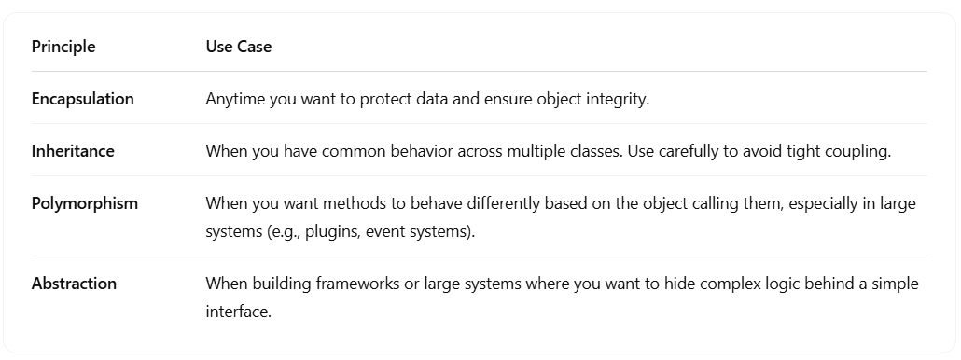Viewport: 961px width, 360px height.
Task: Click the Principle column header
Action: (x=63, y=47)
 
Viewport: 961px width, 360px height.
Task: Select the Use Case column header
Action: (x=239, y=47)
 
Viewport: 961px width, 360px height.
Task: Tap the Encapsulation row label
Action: (x=83, y=99)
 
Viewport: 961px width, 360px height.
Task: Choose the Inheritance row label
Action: (x=73, y=151)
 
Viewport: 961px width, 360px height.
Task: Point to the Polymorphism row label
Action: (x=85, y=203)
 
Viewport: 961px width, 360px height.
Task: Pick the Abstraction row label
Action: (x=74, y=284)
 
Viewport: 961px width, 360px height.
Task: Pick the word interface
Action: (x=238, y=312)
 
